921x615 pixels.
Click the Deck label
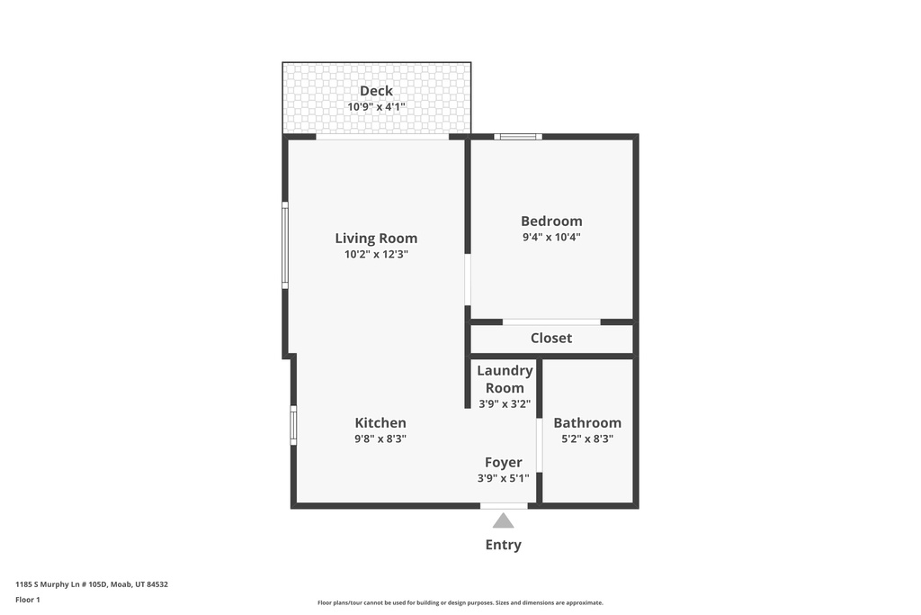tap(376, 91)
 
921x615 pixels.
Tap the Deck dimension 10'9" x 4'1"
tap(376, 106)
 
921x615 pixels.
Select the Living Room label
tap(376, 238)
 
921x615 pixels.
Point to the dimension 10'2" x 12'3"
tap(376, 254)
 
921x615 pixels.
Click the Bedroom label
tap(551, 222)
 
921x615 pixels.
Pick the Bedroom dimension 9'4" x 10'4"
tap(551, 237)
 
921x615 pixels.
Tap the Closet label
tap(551, 338)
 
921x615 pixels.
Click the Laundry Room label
tap(505, 379)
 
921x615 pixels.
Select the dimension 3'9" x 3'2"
tap(505, 403)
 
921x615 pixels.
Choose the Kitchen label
tap(380, 422)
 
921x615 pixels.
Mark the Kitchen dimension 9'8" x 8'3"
tap(380, 439)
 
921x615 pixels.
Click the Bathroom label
tap(587, 422)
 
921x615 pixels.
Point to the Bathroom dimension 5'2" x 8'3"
tap(587, 439)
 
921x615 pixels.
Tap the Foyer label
tap(504, 463)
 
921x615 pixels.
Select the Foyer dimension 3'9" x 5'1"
tap(504, 478)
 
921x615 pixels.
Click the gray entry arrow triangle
tap(504, 521)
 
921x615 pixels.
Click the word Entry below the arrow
tap(504, 545)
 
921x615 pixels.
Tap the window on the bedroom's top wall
tap(517, 137)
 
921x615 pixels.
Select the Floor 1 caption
tap(28, 600)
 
